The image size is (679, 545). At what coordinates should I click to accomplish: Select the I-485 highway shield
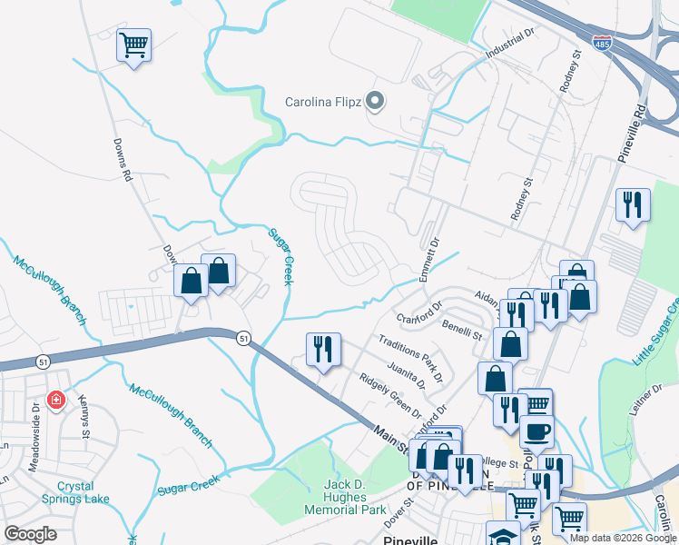coord(602,43)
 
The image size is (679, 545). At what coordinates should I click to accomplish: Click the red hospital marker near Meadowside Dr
coord(55,399)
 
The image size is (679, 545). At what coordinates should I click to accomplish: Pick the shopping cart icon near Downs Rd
coord(133,45)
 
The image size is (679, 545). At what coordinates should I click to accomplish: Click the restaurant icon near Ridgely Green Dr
coord(323,349)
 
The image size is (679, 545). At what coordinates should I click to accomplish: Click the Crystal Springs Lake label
coord(75,492)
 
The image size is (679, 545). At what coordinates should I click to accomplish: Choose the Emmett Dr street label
coord(429,258)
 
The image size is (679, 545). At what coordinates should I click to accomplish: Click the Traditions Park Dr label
coord(411,358)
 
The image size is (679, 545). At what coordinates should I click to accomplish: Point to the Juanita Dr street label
coord(406,376)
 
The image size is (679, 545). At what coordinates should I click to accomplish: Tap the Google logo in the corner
coord(30,534)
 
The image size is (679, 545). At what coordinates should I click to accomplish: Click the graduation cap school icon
coord(504,535)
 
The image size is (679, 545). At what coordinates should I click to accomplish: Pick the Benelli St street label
coord(461,329)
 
